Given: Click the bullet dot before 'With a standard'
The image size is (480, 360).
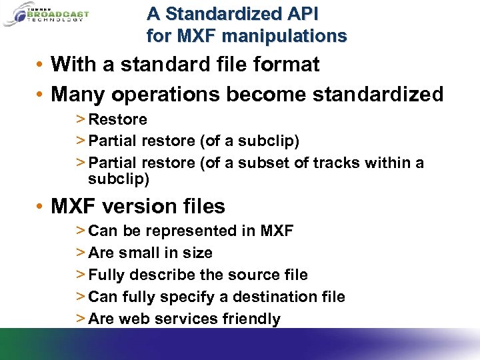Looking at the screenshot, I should pyautogui.click(x=41, y=65).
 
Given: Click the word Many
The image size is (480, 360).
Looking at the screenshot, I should pyautogui.click(x=78, y=95).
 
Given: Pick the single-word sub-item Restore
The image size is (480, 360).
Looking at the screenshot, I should pyautogui.click(x=117, y=120).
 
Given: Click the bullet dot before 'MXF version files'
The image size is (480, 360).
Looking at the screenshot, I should pyautogui.click(x=41, y=207).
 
